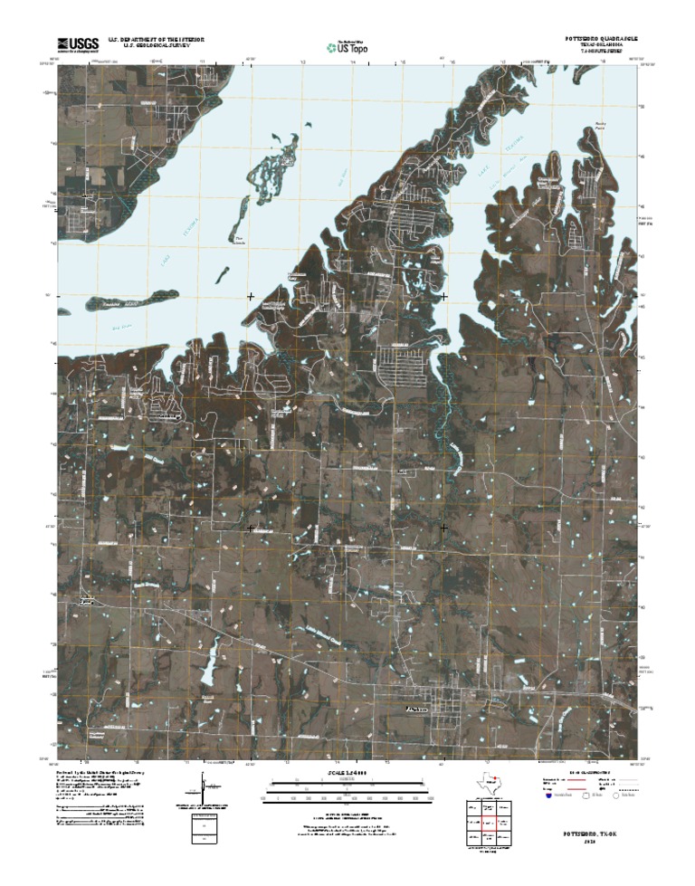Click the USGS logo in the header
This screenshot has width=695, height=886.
tap(79, 43)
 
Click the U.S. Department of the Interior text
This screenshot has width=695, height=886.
tap(155, 40)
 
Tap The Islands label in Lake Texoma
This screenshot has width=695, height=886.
tap(239, 243)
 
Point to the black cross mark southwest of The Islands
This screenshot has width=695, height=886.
tap(251, 296)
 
